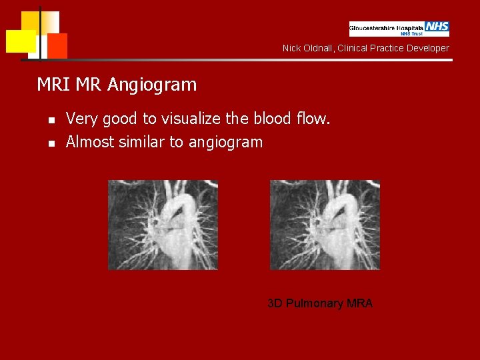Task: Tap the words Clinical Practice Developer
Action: (393, 48)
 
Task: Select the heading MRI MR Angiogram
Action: (117, 85)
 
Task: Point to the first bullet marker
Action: (50, 121)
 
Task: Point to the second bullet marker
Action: (50, 143)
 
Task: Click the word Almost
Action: (91, 142)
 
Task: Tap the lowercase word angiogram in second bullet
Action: (226, 143)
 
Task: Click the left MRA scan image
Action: (163, 225)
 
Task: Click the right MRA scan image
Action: (325, 225)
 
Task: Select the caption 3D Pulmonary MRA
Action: (320, 303)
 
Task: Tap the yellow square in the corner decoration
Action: (21, 41)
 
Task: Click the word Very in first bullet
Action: (81, 119)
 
